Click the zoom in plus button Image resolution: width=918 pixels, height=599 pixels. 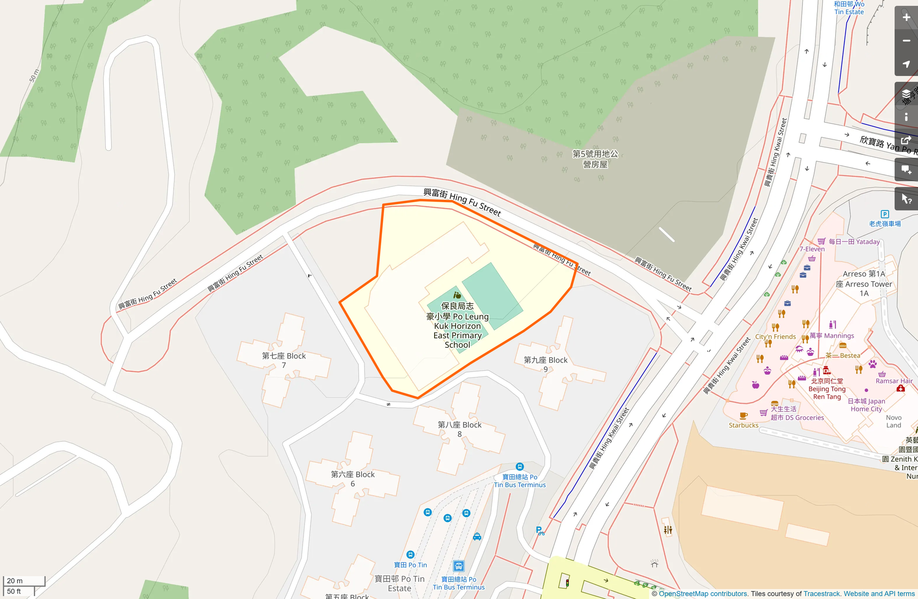(x=906, y=18)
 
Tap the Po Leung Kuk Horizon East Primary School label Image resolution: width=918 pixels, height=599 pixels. (x=457, y=325)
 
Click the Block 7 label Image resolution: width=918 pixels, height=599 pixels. (x=284, y=360)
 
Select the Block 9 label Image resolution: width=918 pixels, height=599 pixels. (x=545, y=364)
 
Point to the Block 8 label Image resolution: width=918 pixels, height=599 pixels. (x=459, y=429)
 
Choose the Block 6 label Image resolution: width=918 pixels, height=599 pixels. (x=353, y=479)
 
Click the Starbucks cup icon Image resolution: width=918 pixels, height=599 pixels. (x=743, y=416)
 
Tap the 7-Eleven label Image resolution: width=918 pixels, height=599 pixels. (x=812, y=249)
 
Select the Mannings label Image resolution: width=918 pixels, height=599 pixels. (x=832, y=336)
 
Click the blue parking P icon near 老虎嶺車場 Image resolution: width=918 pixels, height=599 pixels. (x=885, y=214)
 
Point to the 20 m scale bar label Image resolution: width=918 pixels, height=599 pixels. (x=15, y=580)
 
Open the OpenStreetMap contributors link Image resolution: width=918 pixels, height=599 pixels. (x=703, y=594)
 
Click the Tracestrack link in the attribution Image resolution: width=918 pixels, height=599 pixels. (x=822, y=594)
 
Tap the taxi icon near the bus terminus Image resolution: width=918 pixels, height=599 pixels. (x=477, y=537)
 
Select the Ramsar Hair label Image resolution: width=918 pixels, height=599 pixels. (x=894, y=381)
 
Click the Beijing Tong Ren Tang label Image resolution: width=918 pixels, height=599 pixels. (x=827, y=389)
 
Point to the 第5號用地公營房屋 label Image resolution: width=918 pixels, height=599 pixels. (x=595, y=159)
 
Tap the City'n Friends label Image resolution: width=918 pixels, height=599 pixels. (x=775, y=337)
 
